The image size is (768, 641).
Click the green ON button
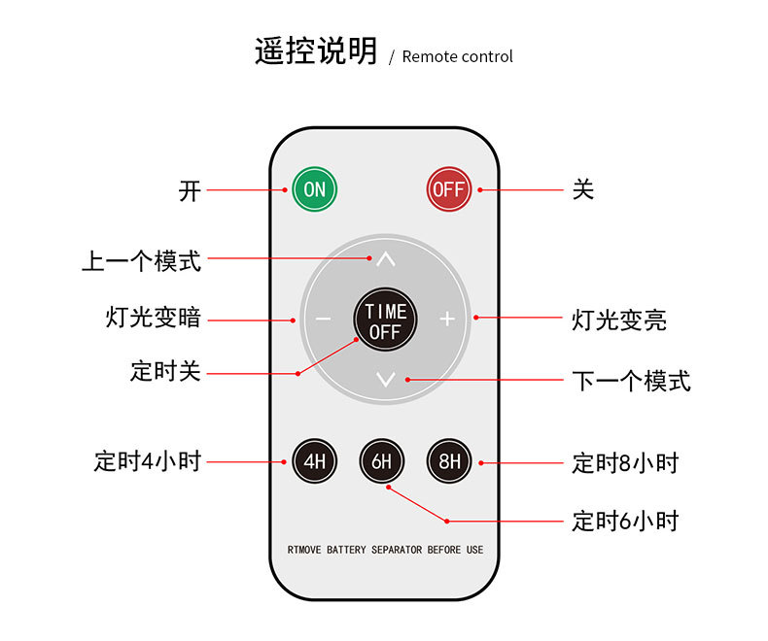pos(314,189)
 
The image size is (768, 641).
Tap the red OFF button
pos(448,189)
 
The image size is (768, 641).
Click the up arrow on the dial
pos(386,260)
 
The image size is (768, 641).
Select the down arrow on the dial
pos(386,379)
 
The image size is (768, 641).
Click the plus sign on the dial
pos(447,319)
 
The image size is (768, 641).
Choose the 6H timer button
pos(381,461)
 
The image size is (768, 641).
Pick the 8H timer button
pos(449,461)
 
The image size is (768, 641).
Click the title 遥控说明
pos(315,51)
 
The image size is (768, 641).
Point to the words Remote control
pos(457,56)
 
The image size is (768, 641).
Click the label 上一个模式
pos(141,260)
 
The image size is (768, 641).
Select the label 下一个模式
pos(631,381)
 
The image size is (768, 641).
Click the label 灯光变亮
pos(619,320)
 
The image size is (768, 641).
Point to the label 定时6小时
pos(625,521)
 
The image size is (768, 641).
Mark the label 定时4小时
pos(147,461)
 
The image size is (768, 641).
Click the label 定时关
pos(165,371)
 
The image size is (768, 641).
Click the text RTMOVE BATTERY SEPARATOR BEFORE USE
pos(385,550)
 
